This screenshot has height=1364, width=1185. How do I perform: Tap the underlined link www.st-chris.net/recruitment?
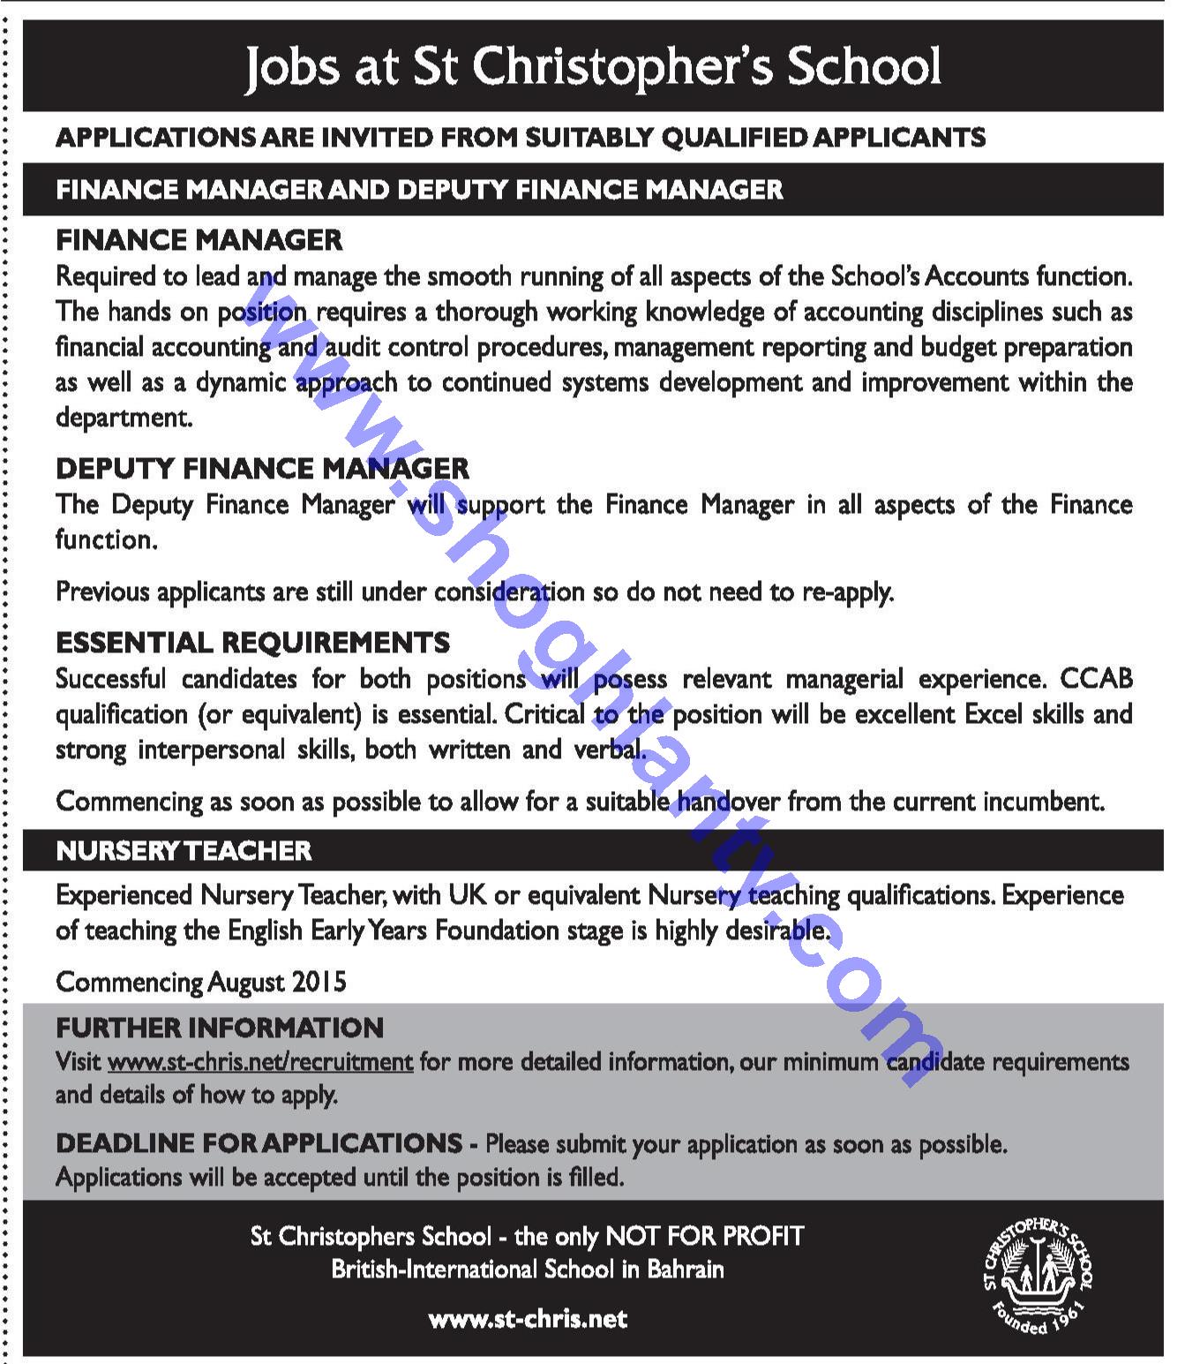pyautogui.click(x=260, y=1061)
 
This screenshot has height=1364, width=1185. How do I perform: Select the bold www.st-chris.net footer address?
pyautogui.click(x=528, y=1319)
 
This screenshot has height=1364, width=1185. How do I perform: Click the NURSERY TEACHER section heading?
pyautogui.click(x=184, y=850)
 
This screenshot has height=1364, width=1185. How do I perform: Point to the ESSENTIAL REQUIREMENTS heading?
pyautogui.click(x=253, y=642)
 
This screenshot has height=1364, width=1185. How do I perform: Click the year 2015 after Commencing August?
pyautogui.click(x=319, y=982)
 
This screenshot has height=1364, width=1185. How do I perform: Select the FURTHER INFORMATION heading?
pyautogui.click(x=220, y=1028)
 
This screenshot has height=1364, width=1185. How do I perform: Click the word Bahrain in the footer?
pyautogui.click(x=686, y=1270)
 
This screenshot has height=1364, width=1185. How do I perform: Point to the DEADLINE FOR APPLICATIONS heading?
pyautogui.click(x=259, y=1143)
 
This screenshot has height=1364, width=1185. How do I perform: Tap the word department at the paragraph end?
pyautogui.click(x=124, y=418)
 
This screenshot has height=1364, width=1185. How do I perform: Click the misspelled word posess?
pyautogui.click(x=630, y=679)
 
